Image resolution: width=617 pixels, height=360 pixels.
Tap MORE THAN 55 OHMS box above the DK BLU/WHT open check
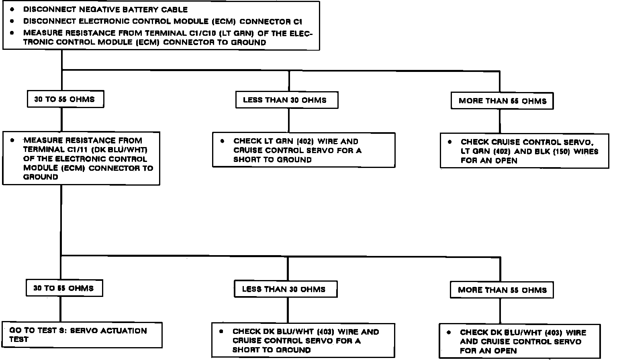coord(502,290)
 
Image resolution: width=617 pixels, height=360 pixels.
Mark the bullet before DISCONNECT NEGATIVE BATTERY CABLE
coord(13,9)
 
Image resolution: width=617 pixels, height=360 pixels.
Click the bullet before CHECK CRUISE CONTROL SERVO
coord(450,142)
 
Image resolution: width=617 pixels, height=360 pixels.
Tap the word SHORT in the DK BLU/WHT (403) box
coord(245,350)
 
